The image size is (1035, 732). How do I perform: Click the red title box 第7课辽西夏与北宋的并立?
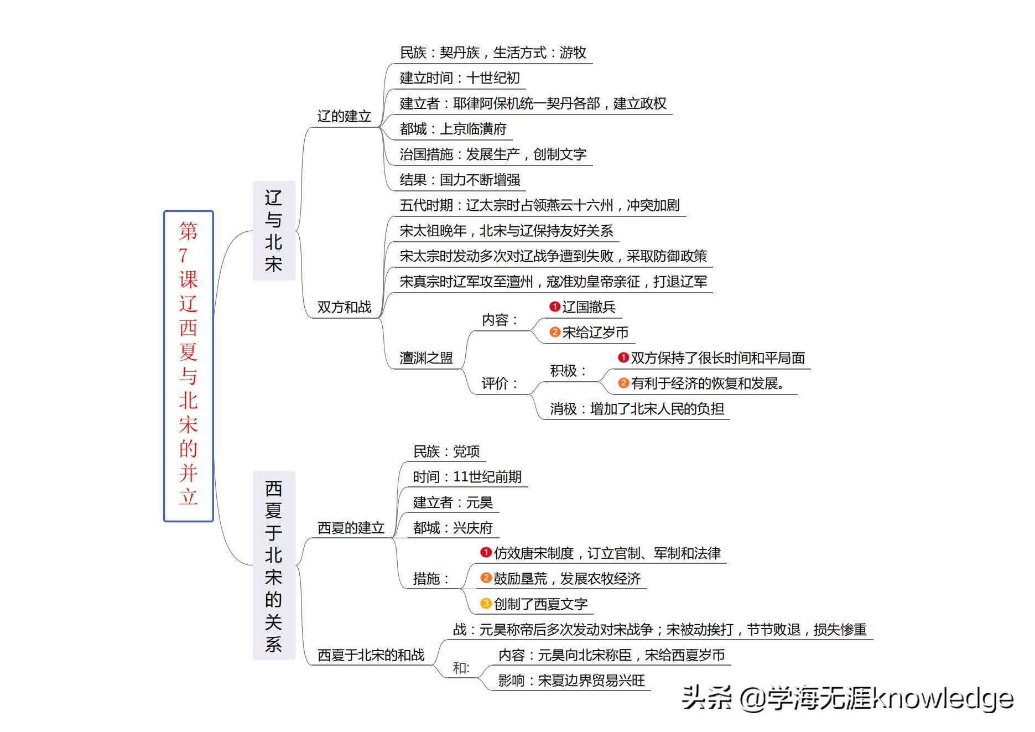(x=189, y=366)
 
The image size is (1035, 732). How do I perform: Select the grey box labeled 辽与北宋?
(x=274, y=230)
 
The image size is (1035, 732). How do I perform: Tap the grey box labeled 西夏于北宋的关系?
(x=274, y=565)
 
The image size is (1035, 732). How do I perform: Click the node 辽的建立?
(x=344, y=116)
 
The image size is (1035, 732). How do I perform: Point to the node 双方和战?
(x=344, y=307)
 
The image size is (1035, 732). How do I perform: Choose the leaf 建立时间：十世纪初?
(x=460, y=78)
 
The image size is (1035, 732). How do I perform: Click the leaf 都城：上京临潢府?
(x=453, y=129)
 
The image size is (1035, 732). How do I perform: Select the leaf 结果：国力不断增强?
(x=460, y=180)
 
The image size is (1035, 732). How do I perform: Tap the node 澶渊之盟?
(x=426, y=358)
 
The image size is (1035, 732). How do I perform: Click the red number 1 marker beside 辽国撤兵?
(x=555, y=307)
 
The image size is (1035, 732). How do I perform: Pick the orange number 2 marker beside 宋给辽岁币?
(x=555, y=332)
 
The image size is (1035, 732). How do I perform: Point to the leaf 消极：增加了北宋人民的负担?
(x=637, y=409)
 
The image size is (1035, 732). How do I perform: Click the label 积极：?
(x=568, y=371)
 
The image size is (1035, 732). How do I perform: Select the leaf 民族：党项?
(x=446, y=451)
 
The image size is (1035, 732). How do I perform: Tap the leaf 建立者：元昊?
(x=453, y=502)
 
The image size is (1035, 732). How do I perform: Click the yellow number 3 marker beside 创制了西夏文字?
(x=486, y=603)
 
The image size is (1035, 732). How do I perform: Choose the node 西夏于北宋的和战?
(x=371, y=655)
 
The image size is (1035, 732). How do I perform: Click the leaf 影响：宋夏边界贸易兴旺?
(x=571, y=681)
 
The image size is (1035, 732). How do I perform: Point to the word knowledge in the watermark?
(x=943, y=698)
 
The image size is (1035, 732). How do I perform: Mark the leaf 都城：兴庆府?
(x=453, y=528)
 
